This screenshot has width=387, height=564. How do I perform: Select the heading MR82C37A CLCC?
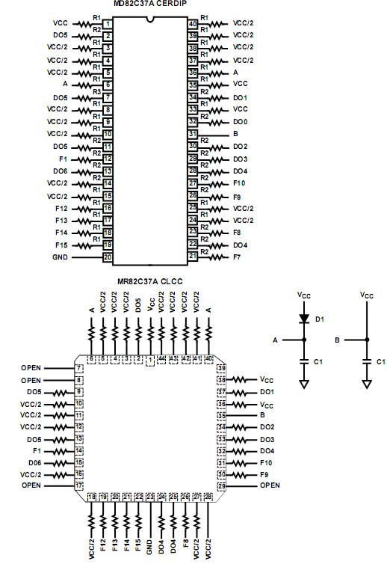(x=149, y=281)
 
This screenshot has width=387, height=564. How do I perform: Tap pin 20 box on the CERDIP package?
(x=108, y=257)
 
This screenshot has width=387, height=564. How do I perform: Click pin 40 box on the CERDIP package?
(x=192, y=23)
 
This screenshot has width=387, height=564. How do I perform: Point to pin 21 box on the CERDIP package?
(x=192, y=257)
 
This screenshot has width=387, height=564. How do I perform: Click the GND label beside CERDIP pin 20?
(x=60, y=257)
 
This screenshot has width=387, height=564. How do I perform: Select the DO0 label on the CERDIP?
(x=240, y=121)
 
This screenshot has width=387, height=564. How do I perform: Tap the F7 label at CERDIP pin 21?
(x=237, y=257)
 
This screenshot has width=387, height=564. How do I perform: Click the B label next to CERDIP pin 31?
(x=236, y=134)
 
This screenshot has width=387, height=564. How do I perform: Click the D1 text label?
(x=319, y=319)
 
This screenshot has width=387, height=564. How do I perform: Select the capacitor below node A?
(x=304, y=361)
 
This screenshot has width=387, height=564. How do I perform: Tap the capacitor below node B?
(x=366, y=361)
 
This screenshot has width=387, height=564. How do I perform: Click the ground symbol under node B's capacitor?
(x=366, y=384)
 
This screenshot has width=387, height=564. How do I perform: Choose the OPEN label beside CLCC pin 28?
(x=270, y=485)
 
